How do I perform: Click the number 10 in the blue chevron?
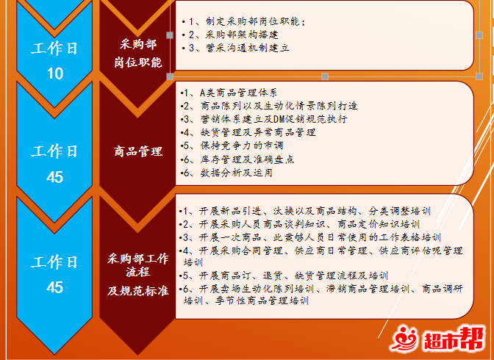pos(55,73)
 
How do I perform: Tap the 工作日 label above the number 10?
pos(54,48)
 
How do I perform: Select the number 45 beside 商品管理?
pos(55,177)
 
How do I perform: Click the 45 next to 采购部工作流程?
pos(55,287)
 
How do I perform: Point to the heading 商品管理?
pos(138,151)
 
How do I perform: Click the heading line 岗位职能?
pos(138,62)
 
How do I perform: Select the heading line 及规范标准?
pos(138,291)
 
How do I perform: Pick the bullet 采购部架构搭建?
pos(230,35)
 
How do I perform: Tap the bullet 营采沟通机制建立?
pos(236,48)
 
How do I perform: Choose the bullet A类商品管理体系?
pos(229,93)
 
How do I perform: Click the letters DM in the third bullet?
pos(279,119)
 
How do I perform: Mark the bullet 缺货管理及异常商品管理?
pos(248,132)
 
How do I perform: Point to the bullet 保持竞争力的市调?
pos(232,145)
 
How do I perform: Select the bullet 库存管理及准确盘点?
pos(237,159)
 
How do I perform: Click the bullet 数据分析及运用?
pos(226,173)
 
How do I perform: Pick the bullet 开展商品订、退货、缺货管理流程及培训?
pos(283,276)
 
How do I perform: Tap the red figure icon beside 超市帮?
pos(404,339)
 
